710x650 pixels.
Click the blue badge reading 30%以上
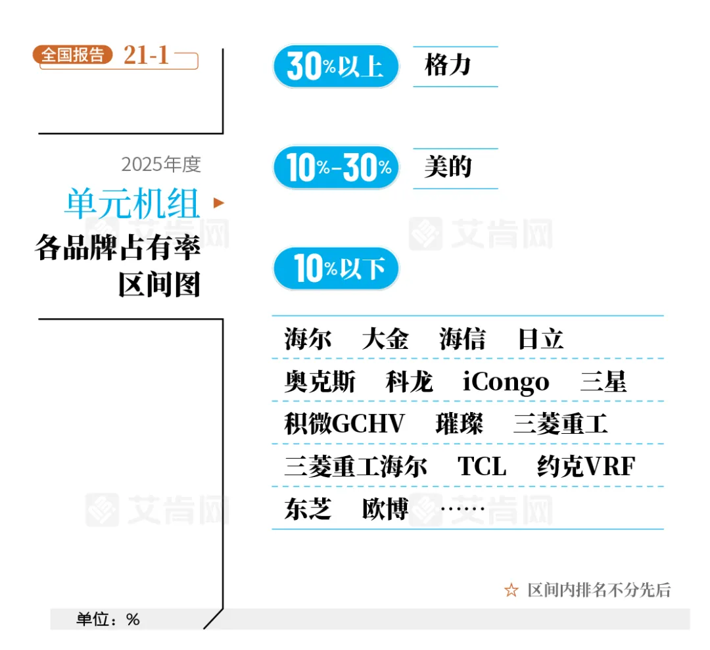click(x=336, y=66)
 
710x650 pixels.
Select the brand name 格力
click(x=448, y=66)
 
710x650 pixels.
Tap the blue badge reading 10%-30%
click(x=336, y=168)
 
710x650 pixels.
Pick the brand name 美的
click(x=448, y=168)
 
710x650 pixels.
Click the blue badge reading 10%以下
click(x=336, y=268)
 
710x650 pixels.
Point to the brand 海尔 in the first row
click(x=308, y=339)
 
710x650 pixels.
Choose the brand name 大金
click(x=385, y=339)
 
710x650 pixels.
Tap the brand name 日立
click(x=540, y=339)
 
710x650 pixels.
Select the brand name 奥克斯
click(x=319, y=382)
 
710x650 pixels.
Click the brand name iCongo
click(x=506, y=382)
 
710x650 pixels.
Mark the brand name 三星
click(x=603, y=382)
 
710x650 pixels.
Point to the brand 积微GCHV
click(x=344, y=424)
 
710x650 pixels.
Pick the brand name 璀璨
click(x=459, y=424)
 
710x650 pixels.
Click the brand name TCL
click(x=482, y=467)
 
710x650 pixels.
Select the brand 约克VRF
click(x=586, y=467)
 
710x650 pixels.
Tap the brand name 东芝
click(x=308, y=509)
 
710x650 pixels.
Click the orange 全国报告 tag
click(x=72, y=55)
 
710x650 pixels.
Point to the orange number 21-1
click(x=146, y=55)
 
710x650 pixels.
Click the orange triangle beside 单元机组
click(x=219, y=203)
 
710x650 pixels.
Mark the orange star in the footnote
click(x=511, y=590)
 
